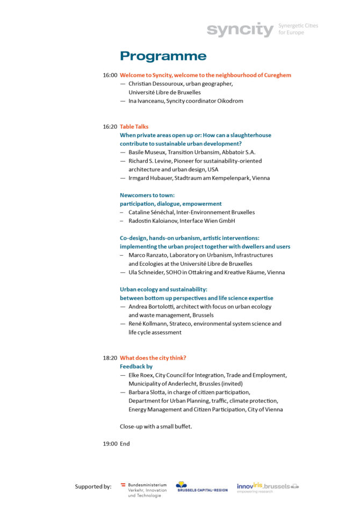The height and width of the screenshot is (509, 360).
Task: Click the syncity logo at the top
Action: [x=240, y=30]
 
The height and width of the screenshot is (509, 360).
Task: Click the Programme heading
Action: [x=163, y=56]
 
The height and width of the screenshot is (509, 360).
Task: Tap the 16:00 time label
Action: [x=110, y=75]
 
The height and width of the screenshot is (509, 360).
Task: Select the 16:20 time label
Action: [x=110, y=127]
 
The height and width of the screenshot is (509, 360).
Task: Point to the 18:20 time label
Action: [x=110, y=358]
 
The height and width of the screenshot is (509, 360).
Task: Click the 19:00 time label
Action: [x=110, y=444]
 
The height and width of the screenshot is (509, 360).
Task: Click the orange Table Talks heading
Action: [x=134, y=127]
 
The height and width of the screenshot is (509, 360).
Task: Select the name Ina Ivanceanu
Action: [x=146, y=101]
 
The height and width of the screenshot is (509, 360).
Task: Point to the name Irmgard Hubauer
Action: [x=150, y=178]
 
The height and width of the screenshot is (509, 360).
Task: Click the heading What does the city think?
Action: [x=153, y=358]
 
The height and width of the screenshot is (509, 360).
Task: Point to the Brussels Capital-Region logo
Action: [x=201, y=486]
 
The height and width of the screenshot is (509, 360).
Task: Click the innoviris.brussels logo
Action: [x=268, y=487]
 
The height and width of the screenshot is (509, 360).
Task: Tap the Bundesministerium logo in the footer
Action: [x=143, y=489]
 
